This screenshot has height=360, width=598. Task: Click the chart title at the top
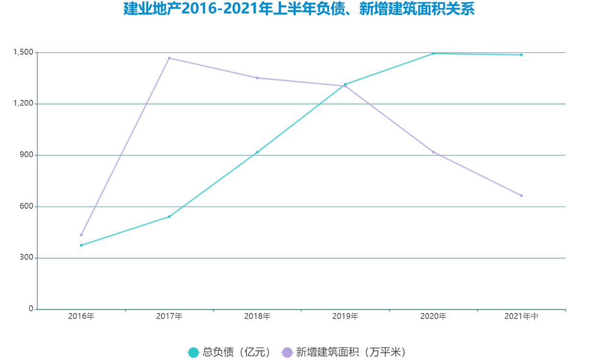point(299,9)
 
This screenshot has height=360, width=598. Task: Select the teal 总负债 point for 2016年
point(81,245)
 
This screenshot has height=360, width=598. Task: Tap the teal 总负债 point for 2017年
point(169,216)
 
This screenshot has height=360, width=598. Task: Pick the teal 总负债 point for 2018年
point(257,152)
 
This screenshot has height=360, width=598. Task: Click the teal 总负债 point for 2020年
point(433,53)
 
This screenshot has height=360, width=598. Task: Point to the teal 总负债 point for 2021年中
point(521,55)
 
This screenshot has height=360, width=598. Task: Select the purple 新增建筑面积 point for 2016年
point(81,235)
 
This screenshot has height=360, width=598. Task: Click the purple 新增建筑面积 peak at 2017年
point(169,58)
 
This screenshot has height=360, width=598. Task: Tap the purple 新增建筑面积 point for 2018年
point(257,78)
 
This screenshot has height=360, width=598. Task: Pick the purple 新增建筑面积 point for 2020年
point(433,152)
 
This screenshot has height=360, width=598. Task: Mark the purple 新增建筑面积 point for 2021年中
point(521,195)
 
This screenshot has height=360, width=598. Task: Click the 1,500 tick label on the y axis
point(23,52)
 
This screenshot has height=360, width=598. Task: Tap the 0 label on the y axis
point(31,309)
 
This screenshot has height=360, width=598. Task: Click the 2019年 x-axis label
point(345,316)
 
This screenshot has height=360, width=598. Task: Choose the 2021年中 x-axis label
point(522,316)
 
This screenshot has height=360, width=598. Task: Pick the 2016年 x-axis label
point(81,316)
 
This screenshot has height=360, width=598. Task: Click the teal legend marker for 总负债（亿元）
point(193,352)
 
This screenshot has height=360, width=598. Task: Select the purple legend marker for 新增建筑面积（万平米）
point(287,352)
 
